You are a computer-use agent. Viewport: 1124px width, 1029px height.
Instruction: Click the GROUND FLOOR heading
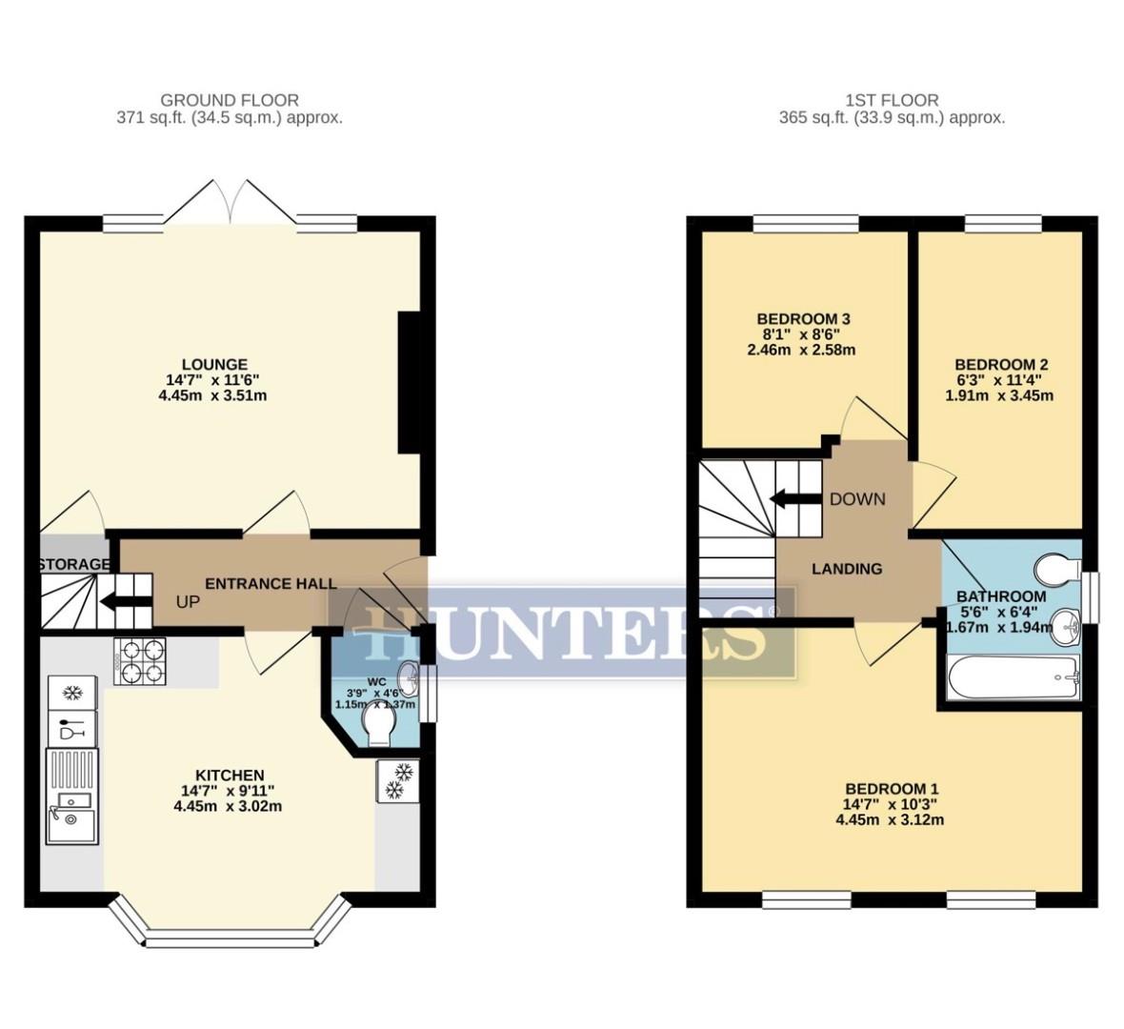229,100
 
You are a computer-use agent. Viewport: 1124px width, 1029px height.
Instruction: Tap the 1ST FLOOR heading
891,100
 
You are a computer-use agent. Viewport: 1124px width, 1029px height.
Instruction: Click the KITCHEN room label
230,776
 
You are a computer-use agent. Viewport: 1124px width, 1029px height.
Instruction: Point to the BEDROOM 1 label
892,789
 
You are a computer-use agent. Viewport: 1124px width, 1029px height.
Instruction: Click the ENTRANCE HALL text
271,583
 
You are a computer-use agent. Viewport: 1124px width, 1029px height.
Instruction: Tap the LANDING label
846,569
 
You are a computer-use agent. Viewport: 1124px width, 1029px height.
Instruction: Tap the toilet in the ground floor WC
380,730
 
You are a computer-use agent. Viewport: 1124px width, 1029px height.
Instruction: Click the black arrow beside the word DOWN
790,498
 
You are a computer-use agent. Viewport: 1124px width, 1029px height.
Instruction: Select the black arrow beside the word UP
120,601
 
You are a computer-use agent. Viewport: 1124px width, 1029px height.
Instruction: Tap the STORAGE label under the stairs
73,565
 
